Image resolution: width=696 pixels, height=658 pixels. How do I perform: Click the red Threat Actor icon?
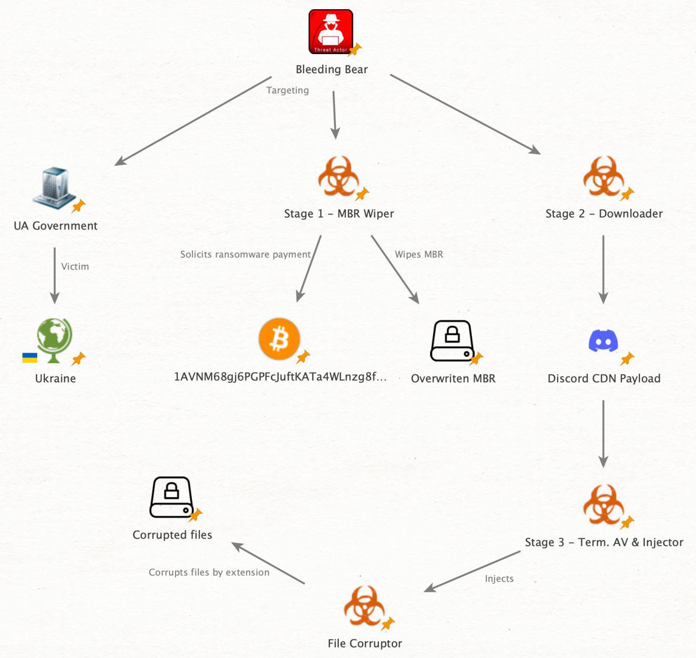[331, 31]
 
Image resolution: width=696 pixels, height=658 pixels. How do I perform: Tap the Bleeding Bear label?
[332, 70]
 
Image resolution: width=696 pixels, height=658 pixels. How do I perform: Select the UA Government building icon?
[53, 188]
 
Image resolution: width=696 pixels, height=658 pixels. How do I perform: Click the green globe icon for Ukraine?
[54, 339]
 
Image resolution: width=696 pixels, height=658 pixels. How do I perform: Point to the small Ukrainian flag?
[30, 358]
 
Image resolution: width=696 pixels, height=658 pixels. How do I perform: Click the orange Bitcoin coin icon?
[279, 339]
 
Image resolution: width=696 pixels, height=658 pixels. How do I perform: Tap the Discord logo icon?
[603, 341]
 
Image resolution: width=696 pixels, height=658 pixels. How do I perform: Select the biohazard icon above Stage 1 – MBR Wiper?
[338, 176]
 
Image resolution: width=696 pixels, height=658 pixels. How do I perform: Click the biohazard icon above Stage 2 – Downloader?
[603, 176]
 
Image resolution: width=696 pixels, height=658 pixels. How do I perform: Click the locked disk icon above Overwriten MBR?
[452, 341]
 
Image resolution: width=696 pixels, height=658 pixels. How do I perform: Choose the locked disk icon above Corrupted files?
[171, 497]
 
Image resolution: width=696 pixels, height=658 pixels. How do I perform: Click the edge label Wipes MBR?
[419, 255]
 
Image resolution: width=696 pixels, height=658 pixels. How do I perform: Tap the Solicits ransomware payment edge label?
[245, 255]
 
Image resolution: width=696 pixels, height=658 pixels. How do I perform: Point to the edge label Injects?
[499, 579]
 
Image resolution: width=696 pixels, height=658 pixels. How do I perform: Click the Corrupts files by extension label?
[209, 572]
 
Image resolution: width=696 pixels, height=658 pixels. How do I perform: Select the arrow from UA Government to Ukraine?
[55, 275]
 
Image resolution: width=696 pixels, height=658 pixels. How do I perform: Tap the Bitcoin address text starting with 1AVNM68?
[280, 377]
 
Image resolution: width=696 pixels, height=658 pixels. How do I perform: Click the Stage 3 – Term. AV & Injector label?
[604, 543]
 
